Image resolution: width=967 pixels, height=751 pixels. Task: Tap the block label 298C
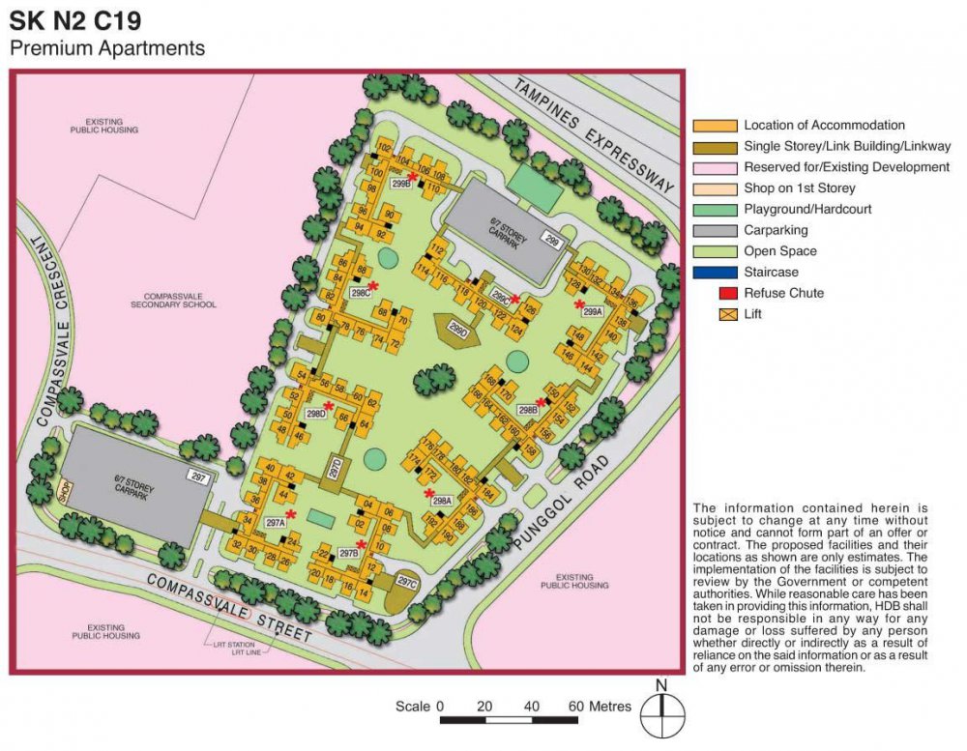pyautogui.click(x=361, y=292)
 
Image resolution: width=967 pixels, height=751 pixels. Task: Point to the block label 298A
pyautogui.click(x=442, y=501)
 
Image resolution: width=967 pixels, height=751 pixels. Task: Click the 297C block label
pyautogui.click(x=406, y=584)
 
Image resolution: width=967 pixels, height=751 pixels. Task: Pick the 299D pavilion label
pyautogui.click(x=458, y=332)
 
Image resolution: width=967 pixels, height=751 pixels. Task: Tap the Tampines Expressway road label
pyautogui.click(x=594, y=135)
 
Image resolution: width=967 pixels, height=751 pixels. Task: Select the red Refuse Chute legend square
pyautogui.click(x=724, y=293)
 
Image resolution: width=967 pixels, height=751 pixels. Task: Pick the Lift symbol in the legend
pyautogui.click(x=724, y=314)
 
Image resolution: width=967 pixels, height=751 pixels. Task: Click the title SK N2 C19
pyautogui.click(x=81, y=21)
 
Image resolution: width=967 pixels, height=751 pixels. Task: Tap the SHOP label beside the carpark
pyautogui.click(x=65, y=492)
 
